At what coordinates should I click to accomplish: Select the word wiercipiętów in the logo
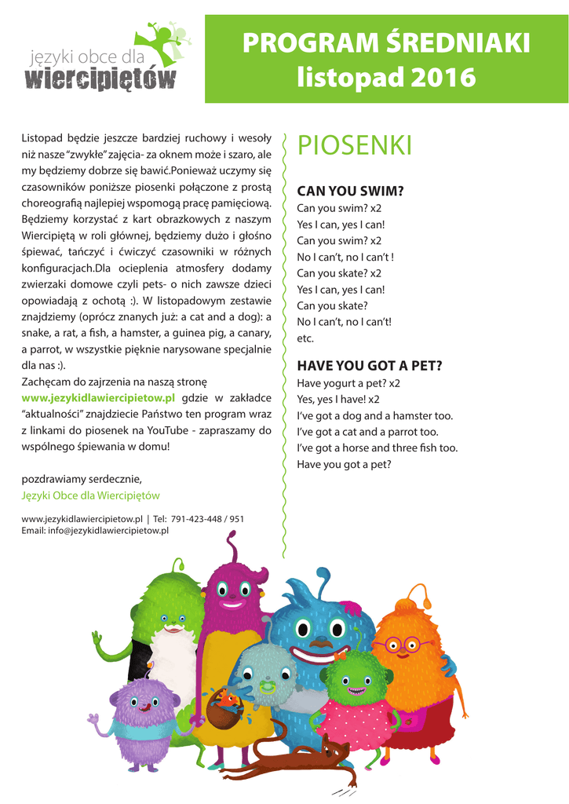coord(100,79)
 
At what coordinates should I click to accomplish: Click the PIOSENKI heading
coord(354,145)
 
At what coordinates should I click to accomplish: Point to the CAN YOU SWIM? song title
coord(350,191)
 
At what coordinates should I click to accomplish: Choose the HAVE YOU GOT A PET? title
coord(370,365)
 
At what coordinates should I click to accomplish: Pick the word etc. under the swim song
coord(305,338)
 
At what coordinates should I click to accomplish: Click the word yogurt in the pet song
coord(339,383)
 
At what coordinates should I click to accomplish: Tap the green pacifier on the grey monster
coord(266,684)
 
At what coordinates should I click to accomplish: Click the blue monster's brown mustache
coord(316,645)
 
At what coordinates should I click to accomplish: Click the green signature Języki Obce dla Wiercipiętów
coord(90,495)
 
